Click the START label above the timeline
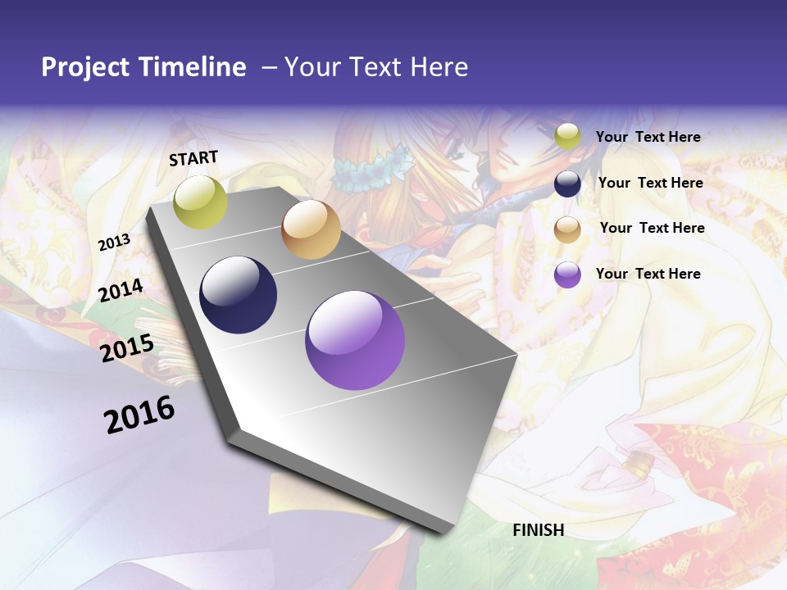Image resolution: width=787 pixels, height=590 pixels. pyautogui.click(x=193, y=158)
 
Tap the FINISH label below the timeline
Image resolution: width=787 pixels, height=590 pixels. pyautogui.click(x=538, y=530)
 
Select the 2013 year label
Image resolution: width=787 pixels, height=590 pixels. pyautogui.click(x=114, y=243)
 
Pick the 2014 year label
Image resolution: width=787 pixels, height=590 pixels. pyautogui.click(x=121, y=290)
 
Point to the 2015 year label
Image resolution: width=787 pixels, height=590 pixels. pyautogui.click(x=126, y=347)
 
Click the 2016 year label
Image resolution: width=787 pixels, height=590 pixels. pyautogui.click(x=139, y=415)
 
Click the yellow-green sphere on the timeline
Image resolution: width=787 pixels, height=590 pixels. pyautogui.click(x=200, y=202)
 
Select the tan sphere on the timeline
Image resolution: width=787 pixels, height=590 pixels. pyautogui.click(x=311, y=229)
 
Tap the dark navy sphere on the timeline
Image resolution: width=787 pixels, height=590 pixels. pyautogui.click(x=238, y=295)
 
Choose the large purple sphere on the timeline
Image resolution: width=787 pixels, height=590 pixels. pyautogui.click(x=355, y=340)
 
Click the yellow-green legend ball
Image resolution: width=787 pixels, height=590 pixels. pyautogui.click(x=567, y=137)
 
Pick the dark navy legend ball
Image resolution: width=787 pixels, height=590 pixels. pyautogui.click(x=567, y=184)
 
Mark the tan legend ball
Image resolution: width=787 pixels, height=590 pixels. pyautogui.click(x=567, y=229)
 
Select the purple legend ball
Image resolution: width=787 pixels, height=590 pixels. pyautogui.click(x=567, y=275)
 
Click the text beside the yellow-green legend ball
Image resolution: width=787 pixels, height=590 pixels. pyautogui.click(x=648, y=137)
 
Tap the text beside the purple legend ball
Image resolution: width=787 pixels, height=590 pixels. pyautogui.click(x=648, y=274)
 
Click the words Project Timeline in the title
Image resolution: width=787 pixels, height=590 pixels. pyautogui.click(x=143, y=67)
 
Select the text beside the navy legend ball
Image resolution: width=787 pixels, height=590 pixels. pyautogui.click(x=650, y=183)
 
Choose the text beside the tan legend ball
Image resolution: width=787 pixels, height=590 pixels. pyautogui.click(x=652, y=228)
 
